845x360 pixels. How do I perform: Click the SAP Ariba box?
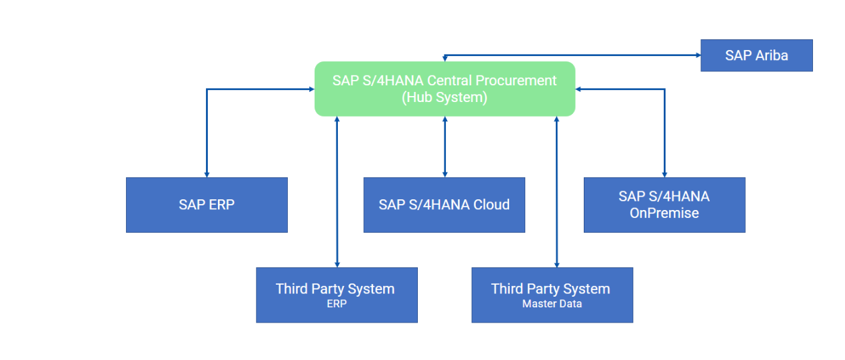point(756,55)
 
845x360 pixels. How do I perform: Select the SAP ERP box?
point(207,205)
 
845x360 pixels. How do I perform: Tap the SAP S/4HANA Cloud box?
point(444,205)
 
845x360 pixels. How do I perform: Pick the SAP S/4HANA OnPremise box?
point(664,205)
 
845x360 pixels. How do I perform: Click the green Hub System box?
point(444,89)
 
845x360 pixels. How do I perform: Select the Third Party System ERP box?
point(337,295)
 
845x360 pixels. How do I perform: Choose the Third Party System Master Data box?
point(552,295)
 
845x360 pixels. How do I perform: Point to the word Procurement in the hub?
point(516,81)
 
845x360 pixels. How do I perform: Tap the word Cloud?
point(492,205)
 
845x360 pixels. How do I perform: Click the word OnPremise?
point(664,213)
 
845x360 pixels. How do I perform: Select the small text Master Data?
point(552,303)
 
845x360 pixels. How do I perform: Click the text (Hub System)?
point(444,97)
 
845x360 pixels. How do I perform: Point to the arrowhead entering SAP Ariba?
point(698,55)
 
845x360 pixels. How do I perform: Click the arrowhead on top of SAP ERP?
point(207,175)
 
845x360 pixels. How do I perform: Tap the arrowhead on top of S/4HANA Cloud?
point(444,175)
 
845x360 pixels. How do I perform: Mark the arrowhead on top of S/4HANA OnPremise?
point(664,175)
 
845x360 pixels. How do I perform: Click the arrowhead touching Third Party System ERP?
point(337,265)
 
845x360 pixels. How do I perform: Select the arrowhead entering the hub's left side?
point(312,89)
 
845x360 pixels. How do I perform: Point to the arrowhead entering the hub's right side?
point(578,89)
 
